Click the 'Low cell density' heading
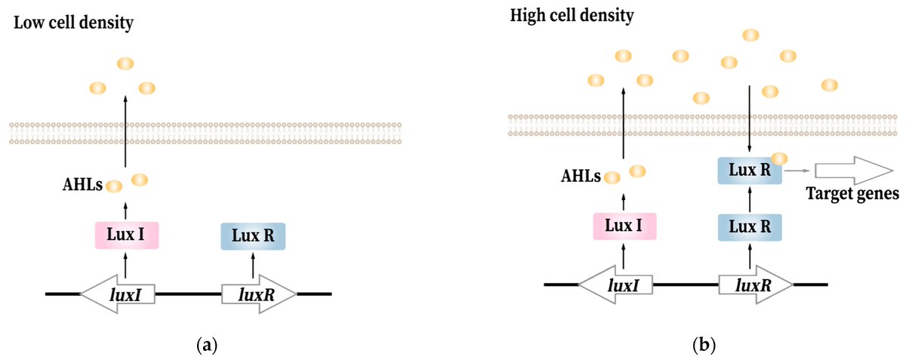72,23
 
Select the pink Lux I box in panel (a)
125,235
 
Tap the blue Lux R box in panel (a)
253,235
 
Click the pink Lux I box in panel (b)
624,226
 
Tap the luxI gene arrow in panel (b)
615,285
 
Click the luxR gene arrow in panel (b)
756,285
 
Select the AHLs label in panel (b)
581,177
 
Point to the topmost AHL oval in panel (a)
125,65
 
